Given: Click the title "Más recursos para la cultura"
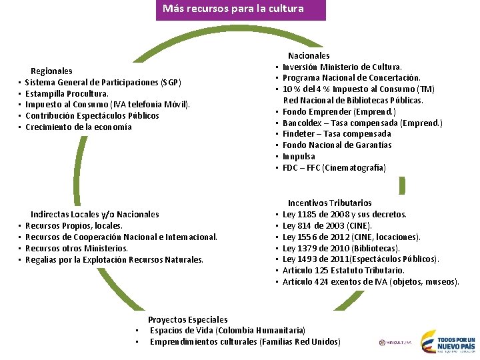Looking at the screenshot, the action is click(233, 9).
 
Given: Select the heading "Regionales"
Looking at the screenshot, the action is click(51, 71).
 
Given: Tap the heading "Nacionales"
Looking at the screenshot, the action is click(309, 56).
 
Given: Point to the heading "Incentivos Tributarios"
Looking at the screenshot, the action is click(329, 203).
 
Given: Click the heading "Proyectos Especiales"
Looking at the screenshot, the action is click(187, 319).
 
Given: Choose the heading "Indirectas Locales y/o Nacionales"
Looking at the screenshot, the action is click(95, 214).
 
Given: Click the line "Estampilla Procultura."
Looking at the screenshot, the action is click(67, 93).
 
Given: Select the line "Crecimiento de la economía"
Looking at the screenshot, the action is click(78, 127).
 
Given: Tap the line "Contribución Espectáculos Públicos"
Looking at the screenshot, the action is click(92, 115).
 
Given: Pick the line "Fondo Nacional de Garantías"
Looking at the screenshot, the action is click(337, 145).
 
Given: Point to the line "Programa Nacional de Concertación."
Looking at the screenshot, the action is click(351, 78).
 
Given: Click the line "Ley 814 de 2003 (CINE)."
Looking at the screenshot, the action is click(327, 225).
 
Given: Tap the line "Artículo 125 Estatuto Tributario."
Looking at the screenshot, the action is click(343, 270).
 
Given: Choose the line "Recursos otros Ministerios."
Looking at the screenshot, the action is click(77, 248).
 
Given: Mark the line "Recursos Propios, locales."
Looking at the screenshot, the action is click(73, 225).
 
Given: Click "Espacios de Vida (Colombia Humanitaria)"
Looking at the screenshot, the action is click(227, 331).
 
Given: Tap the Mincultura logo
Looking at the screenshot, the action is click(395, 343).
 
